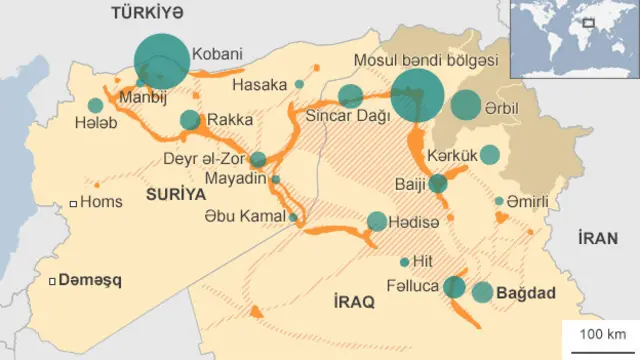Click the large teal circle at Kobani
click(x=161, y=61)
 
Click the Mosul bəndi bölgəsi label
click(x=425, y=60)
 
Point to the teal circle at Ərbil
click(x=466, y=105)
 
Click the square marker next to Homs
click(x=73, y=203)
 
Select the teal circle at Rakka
click(x=190, y=120)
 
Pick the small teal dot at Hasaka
click(x=299, y=85)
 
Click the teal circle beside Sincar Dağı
click(x=350, y=96)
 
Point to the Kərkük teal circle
click(x=490, y=154)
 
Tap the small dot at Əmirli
click(x=499, y=201)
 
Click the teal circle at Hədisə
click(x=376, y=221)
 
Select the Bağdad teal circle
click(x=483, y=292)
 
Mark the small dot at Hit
click(x=404, y=262)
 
